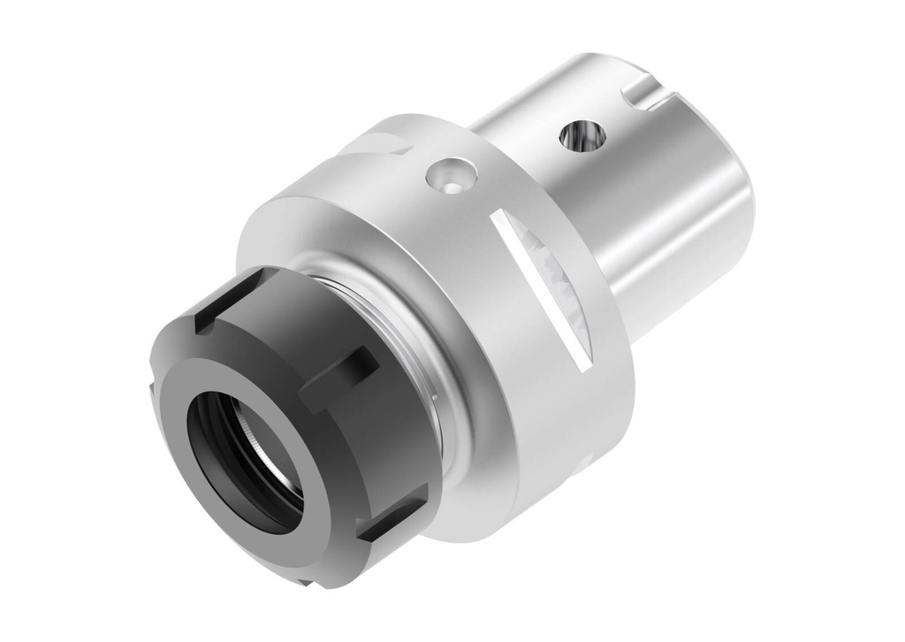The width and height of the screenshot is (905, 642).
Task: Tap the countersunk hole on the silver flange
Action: pos(450,175)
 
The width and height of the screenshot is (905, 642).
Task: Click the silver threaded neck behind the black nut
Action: pos(415,345)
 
